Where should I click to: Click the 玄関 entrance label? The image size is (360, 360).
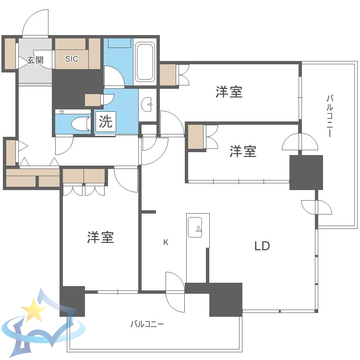[35, 60]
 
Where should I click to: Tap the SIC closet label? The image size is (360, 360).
[72, 59]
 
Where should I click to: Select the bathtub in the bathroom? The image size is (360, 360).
[144, 62]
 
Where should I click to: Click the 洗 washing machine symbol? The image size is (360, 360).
[106, 121]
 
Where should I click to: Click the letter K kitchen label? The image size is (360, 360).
[166, 242]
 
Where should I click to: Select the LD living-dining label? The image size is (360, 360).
[262, 247]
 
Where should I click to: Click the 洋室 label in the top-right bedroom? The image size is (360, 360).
[228, 92]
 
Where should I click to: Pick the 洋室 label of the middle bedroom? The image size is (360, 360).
[242, 152]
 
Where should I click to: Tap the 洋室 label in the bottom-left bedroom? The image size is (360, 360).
[100, 237]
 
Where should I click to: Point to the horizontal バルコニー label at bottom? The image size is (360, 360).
[147, 324]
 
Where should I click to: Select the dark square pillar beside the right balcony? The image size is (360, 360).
[306, 172]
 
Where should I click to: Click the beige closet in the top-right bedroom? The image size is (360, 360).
[168, 75]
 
